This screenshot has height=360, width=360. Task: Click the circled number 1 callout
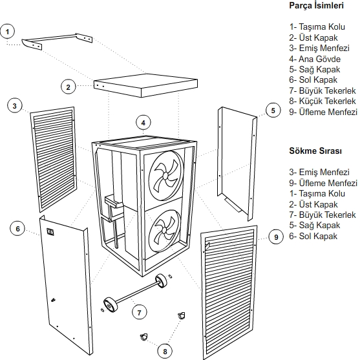(7, 32)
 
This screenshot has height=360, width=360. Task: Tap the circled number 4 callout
(143, 123)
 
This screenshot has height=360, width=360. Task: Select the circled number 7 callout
(139, 312)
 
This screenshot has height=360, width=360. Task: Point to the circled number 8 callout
(165, 351)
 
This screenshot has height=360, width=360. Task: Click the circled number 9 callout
(276, 237)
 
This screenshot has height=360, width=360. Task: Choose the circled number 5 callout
(273, 111)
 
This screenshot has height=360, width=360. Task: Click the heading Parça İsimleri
(316, 6)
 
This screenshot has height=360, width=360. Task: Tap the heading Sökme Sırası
(315, 151)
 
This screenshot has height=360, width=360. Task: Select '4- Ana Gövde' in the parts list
(315, 59)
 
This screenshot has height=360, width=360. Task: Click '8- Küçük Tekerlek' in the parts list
(323, 101)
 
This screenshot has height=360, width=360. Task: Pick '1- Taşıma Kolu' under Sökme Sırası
(317, 193)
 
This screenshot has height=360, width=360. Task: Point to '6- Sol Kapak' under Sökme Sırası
(313, 236)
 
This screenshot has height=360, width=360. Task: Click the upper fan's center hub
(165, 176)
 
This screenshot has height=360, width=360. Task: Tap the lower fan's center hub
(164, 229)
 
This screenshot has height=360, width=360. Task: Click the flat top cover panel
(145, 85)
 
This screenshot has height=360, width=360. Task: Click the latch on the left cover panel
(50, 231)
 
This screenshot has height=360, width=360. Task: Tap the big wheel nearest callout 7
(111, 304)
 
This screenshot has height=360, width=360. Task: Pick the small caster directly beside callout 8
(144, 337)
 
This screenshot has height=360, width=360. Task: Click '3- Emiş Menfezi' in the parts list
(319, 48)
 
